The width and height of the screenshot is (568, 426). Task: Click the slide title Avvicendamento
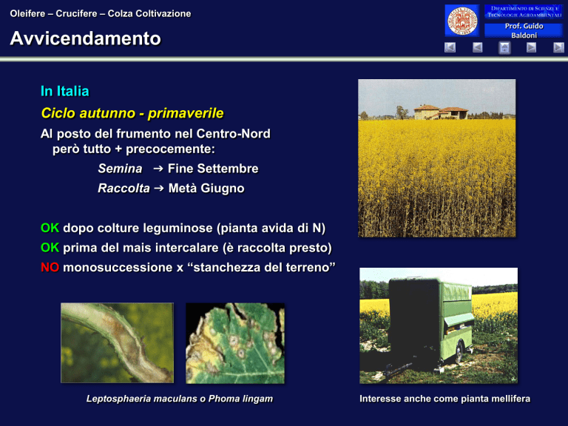[x=85, y=38]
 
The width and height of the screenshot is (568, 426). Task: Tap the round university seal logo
[x=461, y=21]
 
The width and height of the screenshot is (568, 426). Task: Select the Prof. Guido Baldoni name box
[x=524, y=30]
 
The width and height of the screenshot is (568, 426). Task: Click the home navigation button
[x=504, y=47]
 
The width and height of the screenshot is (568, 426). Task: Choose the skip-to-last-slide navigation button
[x=558, y=47]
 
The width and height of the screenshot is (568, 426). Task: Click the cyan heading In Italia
[x=65, y=91]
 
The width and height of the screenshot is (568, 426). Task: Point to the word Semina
[x=120, y=169]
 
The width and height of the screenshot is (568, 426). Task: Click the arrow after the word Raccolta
[x=159, y=188]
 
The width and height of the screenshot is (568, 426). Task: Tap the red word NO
[x=50, y=267]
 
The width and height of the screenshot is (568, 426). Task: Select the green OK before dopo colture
[x=50, y=228]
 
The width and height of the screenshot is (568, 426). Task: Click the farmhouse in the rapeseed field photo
[x=441, y=112]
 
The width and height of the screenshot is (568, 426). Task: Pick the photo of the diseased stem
[x=117, y=343]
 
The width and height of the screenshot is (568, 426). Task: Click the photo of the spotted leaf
[x=235, y=343]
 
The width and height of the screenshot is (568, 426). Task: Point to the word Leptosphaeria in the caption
[x=119, y=399]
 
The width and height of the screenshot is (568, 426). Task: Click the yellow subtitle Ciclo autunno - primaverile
[x=132, y=113]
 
